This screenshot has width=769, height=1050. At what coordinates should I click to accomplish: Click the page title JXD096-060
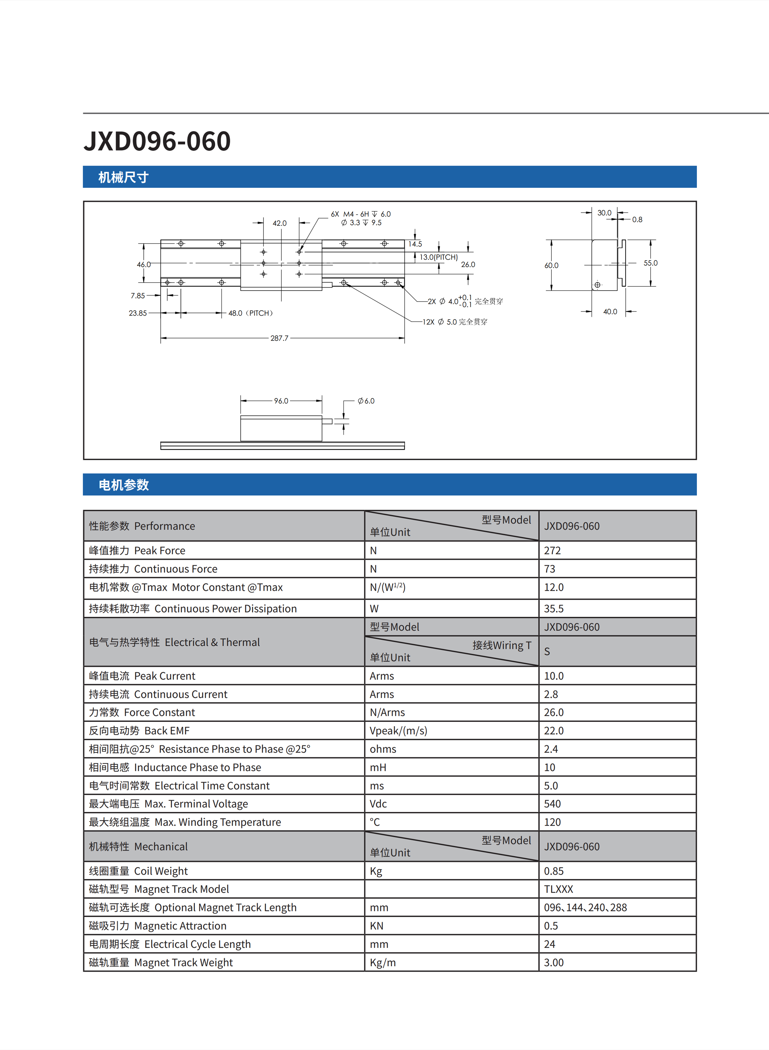point(157,141)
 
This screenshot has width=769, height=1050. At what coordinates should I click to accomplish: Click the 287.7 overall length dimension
point(279,338)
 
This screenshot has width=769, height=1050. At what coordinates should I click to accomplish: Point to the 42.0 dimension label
point(279,223)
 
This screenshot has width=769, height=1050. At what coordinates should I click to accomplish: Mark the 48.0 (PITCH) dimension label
point(250,313)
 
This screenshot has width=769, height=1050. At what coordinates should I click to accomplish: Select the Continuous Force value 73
point(550,569)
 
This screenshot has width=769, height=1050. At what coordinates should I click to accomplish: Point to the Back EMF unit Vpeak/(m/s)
point(398,731)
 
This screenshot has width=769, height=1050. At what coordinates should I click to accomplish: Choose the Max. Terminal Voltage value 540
point(553,804)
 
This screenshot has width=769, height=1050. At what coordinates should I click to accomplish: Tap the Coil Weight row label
point(138,871)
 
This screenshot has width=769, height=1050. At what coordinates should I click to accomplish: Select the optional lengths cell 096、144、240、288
point(585,908)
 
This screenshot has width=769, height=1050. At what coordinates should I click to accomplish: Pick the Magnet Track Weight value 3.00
point(554,963)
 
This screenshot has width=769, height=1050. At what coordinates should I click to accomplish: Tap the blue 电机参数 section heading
point(124,485)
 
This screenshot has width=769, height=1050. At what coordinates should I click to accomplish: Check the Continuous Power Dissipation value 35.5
point(554,609)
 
